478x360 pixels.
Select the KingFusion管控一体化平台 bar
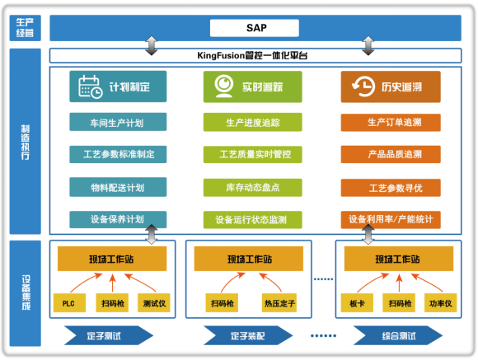tap(255, 56)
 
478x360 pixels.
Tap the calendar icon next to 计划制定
tap(89, 86)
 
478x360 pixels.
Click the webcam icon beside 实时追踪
tap(223, 86)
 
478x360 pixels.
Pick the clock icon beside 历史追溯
tap(360, 86)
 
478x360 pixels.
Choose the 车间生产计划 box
tap(117, 122)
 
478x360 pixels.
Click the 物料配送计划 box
tap(117, 187)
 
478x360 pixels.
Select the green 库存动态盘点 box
tap(252, 187)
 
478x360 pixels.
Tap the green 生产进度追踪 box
tap(252, 122)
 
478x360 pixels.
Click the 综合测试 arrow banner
tap(396, 335)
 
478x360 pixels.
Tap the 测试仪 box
tap(153, 302)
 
